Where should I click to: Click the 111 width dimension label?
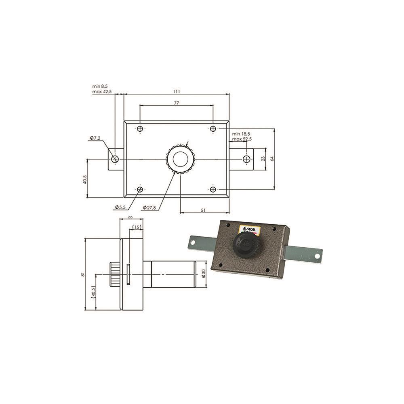(177, 91)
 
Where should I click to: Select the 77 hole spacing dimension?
(177, 103)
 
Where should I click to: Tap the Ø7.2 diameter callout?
(95, 138)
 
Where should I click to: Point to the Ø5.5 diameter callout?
(120, 207)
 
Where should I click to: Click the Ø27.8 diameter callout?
(149, 207)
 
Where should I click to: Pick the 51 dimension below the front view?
(203, 210)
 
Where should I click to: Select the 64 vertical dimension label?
(272, 158)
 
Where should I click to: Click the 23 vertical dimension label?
(263, 159)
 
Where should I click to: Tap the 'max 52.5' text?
(242, 139)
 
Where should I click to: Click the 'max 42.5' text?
(102, 91)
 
